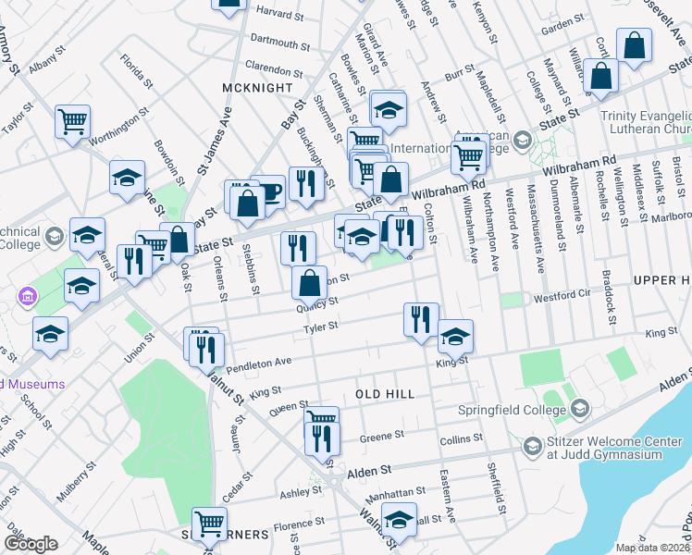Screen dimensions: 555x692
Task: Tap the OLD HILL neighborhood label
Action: pyautogui.click(x=385, y=394)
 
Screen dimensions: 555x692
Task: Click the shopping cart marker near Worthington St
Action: pyautogui.click(x=73, y=121)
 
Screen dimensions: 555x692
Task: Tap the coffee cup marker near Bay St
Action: pyautogui.click(x=267, y=192)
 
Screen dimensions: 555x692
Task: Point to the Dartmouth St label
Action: pyautogui.click(x=280, y=43)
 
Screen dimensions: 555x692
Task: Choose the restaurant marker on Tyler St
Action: pyautogui.click(x=421, y=319)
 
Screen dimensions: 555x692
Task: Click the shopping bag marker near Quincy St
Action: pyautogui.click(x=309, y=283)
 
